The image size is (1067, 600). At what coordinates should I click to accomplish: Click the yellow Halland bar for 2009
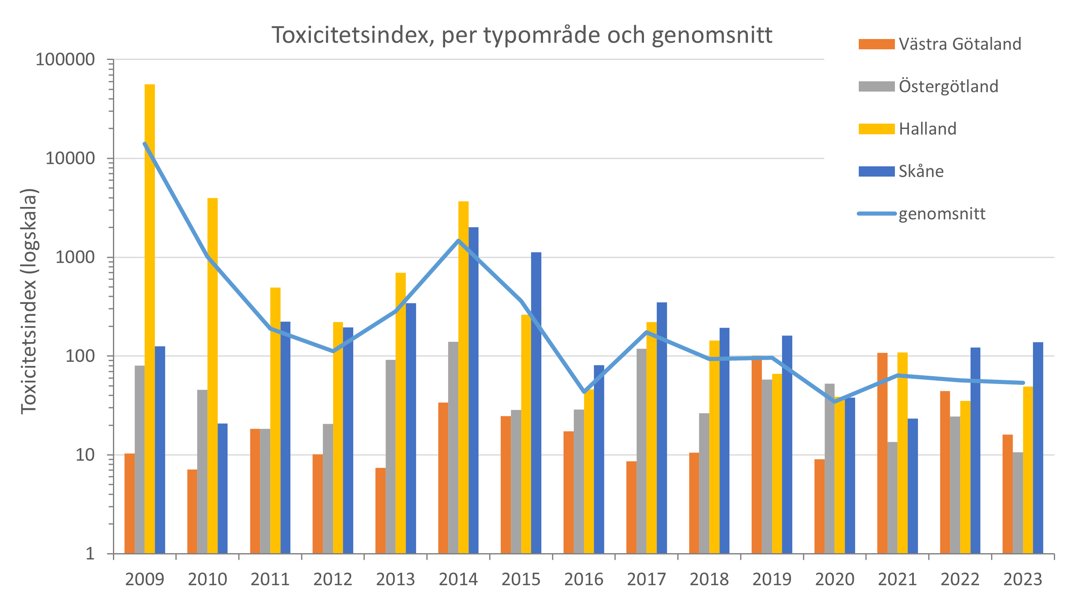(x=149, y=319)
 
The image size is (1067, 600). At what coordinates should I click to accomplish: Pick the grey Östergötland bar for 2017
(x=641, y=451)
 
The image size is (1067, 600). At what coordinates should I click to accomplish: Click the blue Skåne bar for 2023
(x=1038, y=448)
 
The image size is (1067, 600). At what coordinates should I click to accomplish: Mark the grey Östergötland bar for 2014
(x=453, y=447)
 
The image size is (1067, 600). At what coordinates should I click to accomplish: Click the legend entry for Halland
(x=927, y=129)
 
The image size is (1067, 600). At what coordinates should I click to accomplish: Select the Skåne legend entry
(x=921, y=171)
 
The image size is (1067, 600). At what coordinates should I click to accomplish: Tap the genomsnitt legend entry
(x=941, y=214)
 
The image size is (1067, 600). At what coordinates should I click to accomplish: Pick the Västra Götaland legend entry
(x=959, y=44)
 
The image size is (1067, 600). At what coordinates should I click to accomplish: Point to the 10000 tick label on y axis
(x=70, y=158)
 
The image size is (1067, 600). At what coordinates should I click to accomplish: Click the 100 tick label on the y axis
(x=80, y=356)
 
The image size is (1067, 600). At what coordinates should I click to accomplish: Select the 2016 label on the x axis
(x=584, y=579)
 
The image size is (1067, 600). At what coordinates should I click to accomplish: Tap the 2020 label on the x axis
(x=835, y=579)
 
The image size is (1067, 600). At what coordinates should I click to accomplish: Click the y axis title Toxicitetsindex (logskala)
(x=29, y=301)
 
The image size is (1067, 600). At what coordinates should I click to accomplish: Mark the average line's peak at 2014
(x=458, y=241)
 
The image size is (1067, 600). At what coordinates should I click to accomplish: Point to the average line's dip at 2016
(x=584, y=391)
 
